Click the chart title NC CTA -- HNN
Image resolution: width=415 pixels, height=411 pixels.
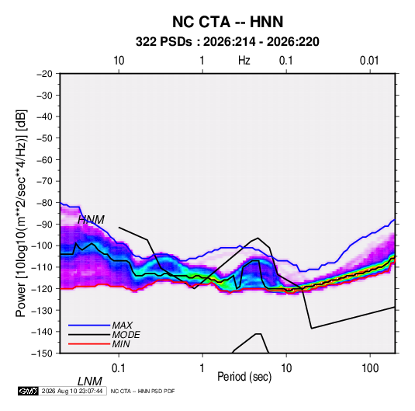[227, 22]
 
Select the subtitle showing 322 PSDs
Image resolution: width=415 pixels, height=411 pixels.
[227, 42]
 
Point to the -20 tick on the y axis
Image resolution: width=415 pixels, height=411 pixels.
[44, 74]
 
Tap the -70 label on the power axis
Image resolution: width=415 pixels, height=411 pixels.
[44, 181]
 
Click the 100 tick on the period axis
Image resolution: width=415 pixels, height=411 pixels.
[370, 368]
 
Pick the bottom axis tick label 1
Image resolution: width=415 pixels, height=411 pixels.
[202, 368]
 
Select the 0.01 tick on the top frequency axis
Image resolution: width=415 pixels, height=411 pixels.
[369, 61]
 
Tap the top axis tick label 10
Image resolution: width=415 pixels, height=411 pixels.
[119, 61]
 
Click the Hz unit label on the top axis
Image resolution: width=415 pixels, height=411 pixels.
[244, 61]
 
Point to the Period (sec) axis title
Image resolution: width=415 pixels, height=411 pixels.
[244, 377]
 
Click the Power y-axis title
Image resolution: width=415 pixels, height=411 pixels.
[21, 214]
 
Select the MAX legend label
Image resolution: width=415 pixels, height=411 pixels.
[122, 326]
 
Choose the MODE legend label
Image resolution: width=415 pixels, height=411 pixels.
[126, 335]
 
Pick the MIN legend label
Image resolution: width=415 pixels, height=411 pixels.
[121, 344]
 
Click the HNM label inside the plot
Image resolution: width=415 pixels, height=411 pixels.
[91, 220]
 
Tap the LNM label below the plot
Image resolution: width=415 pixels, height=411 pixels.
[90, 381]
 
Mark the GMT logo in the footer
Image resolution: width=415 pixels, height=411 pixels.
[28, 391]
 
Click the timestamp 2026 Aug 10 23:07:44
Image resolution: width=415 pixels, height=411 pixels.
[72, 391]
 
